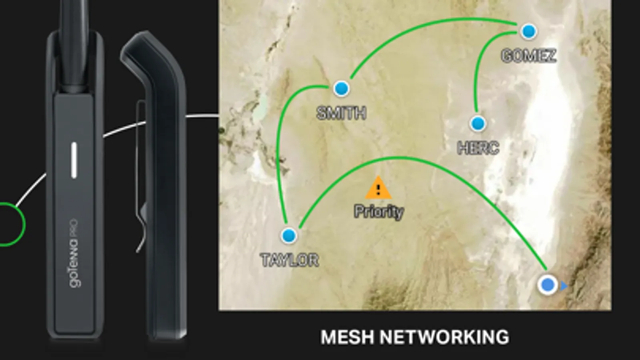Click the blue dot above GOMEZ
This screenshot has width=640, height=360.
pyautogui.click(x=529, y=32)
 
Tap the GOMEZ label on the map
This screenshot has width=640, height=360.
pyautogui.click(x=529, y=56)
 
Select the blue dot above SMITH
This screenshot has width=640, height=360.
pyautogui.click(x=341, y=88)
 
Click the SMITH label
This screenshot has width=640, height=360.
pyautogui.click(x=341, y=113)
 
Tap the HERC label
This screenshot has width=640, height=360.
pyautogui.click(x=478, y=148)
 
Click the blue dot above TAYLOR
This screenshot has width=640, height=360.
pyautogui.click(x=289, y=236)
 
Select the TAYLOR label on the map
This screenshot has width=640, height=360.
pyautogui.click(x=290, y=260)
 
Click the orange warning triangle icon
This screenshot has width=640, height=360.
pyautogui.click(x=379, y=188)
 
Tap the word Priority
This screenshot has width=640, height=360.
pyautogui.click(x=379, y=212)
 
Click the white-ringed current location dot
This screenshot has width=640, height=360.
pyautogui.click(x=548, y=285)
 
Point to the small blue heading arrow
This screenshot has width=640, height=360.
pyautogui.click(x=564, y=286)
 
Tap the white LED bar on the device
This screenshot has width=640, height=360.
pyautogui.click(x=74, y=160)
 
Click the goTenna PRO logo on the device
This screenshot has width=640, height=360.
pyautogui.click(x=73, y=253)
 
